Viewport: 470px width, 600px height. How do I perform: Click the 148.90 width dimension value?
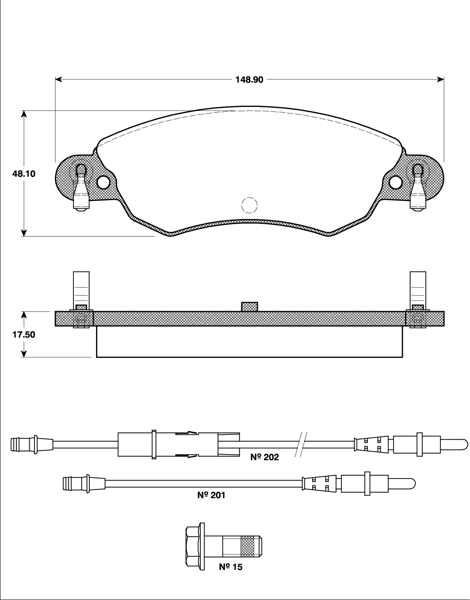pyautogui.click(x=249, y=80)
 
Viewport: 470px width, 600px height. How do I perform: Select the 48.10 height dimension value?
pyautogui.click(x=24, y=174)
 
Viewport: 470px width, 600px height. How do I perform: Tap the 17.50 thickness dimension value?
pyautogui.click(x=24, y=334)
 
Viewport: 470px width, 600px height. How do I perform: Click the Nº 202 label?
pyautogui.click(x=265, y=457)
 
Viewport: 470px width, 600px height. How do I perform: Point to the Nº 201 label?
pyautogui.click(x=211, y=495)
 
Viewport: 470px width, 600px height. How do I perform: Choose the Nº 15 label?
pyautogui.click(x=231, y=567)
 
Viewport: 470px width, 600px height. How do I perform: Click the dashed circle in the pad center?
pyautogui.click(x=249, y=205)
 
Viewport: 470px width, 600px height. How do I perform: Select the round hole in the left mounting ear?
pyautogui.click(x=103, y=182)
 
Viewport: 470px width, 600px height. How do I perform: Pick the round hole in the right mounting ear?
pyautogui.click(x=395, y=182)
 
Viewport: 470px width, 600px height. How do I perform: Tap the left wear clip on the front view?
pyautogui.click(x=81, y=188)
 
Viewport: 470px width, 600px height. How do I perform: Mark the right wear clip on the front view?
pyautogui.click(x=418, y=188)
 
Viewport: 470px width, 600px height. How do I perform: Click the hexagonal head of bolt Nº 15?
pyautogui.click(x=193, y=546)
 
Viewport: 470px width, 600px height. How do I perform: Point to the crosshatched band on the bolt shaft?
pyautogui.click(x=248, y=546)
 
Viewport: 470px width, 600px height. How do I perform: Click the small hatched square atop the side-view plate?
pyautogui.click(x=249, y=307)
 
